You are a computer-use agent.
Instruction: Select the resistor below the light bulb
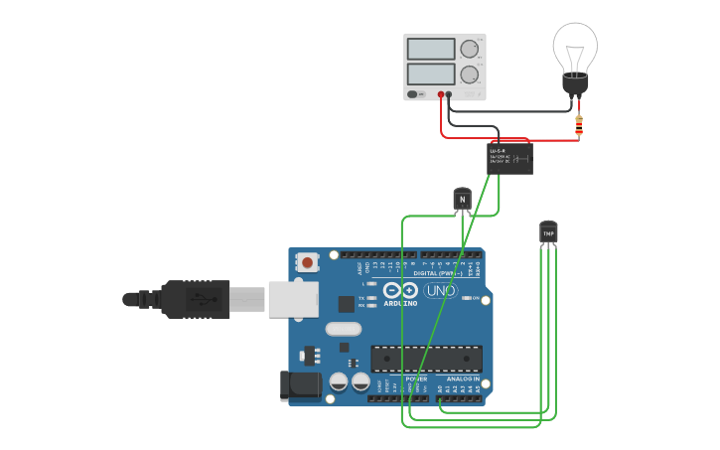coord(579,124)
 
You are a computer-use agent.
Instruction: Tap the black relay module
coord(509,157)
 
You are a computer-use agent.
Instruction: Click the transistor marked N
coord(461,199)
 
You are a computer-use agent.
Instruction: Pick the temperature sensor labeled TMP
coord(548,231)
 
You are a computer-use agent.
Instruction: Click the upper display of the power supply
coord(431,49)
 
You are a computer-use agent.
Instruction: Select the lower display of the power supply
coord(431,75)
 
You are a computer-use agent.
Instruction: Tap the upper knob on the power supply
coord(470,49)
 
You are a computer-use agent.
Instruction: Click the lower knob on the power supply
coord(470,75)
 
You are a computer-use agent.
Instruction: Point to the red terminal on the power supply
coord(441,94)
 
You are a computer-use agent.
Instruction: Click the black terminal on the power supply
coord(449,94)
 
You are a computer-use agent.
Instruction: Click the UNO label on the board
coord(439,290)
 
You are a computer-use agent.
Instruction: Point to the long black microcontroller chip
coord(426,359)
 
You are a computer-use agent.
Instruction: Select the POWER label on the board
coord(416,378)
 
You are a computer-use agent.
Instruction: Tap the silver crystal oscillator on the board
coord(343,329)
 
